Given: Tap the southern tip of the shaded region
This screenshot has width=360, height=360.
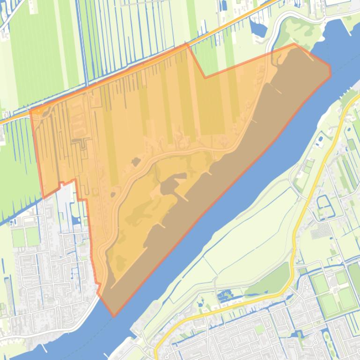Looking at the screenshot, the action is [x=114, y=317].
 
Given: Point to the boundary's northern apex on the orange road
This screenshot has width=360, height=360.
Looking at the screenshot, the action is [x=187, y=44].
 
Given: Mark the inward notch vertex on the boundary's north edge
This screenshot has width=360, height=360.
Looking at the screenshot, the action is [x=205, y=78].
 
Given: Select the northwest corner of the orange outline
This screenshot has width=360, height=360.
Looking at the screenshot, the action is [x=31, y=111].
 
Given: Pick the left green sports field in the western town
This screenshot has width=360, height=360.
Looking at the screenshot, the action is [x=18, y=238].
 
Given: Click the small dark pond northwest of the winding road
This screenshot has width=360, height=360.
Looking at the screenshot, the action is [x=136, y=162].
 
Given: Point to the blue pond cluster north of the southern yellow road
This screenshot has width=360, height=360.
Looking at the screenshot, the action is [x=225, y=295].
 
